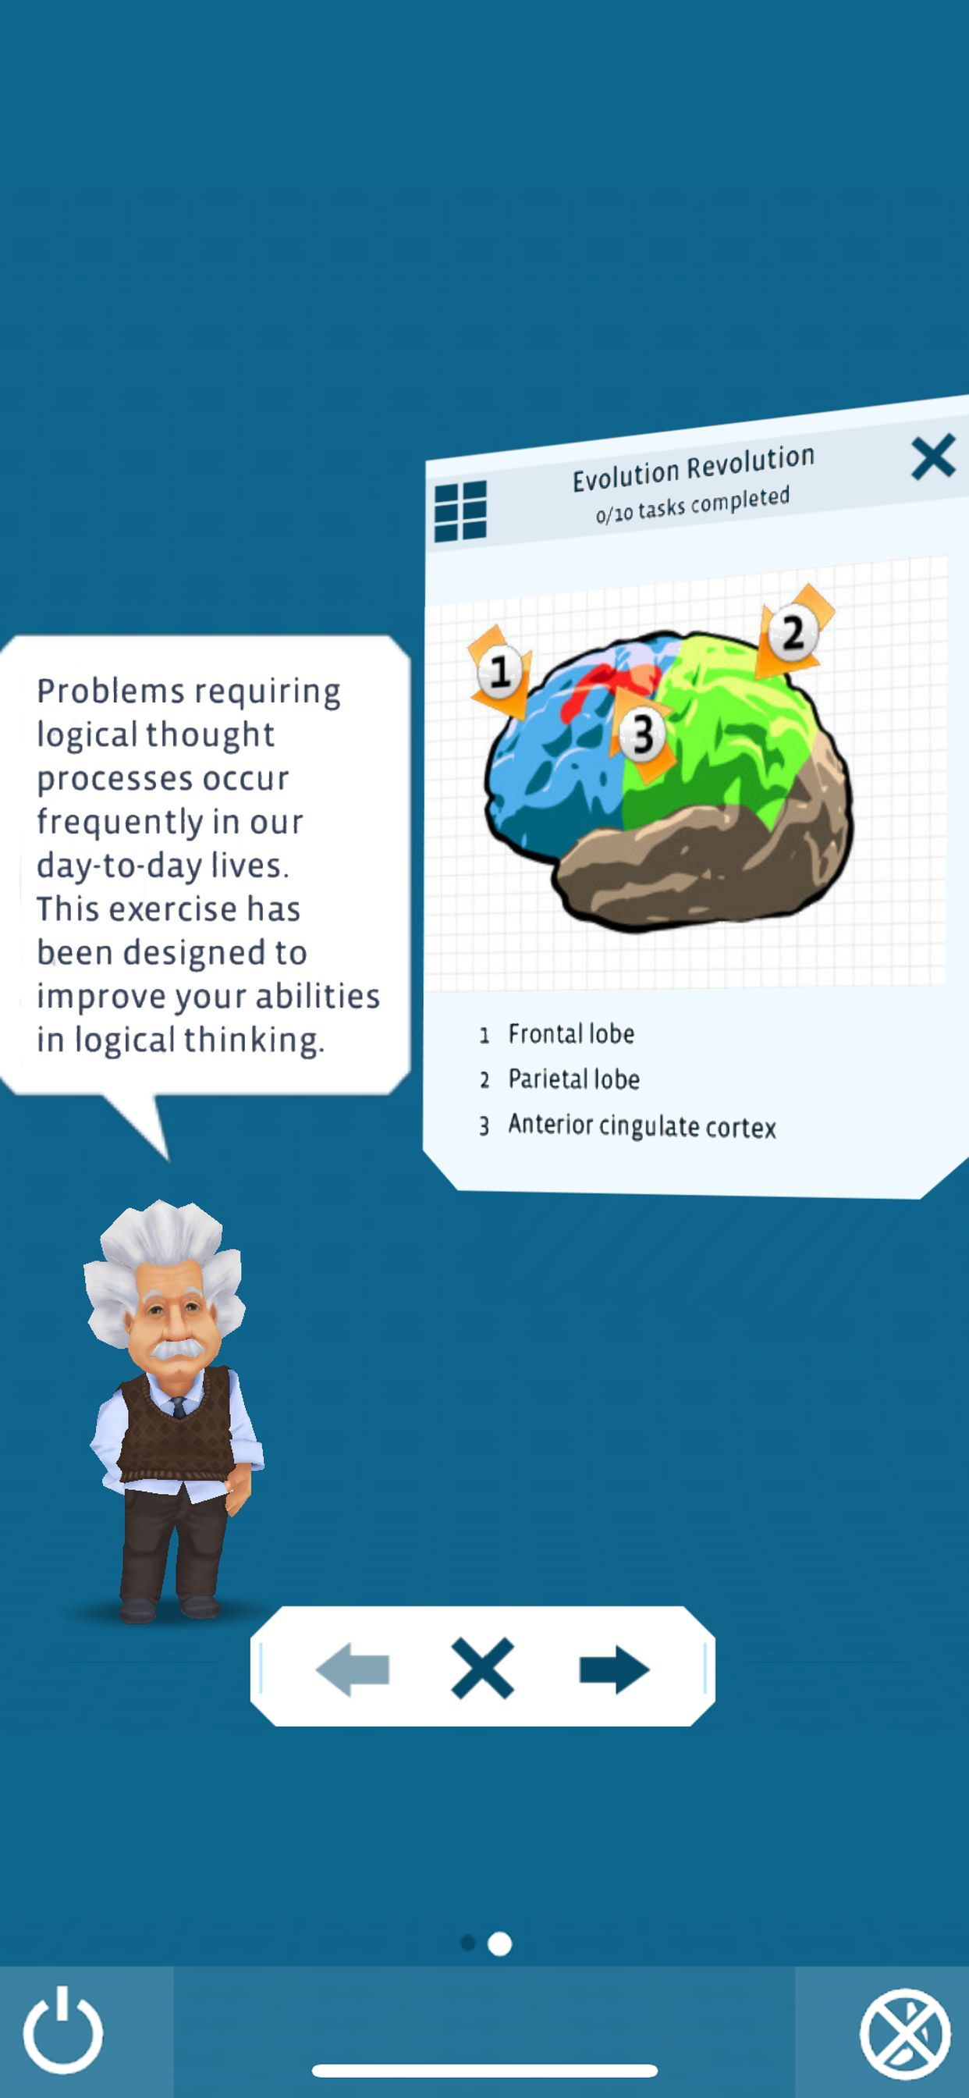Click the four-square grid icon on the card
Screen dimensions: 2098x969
[x=461, y=510]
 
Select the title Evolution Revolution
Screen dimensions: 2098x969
[x=693, y=468]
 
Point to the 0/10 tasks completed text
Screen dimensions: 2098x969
[x=692, y=504]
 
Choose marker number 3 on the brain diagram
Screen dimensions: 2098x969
[x=642, y=734]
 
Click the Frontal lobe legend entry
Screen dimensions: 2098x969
[x=571, y=1033]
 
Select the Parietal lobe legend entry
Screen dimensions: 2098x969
[x=573, y=1079]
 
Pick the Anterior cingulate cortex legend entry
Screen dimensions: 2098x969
[x=641, y=1125]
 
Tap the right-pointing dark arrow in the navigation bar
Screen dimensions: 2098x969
[x=614, y=1669]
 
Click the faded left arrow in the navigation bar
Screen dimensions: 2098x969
[x=353, y=1669]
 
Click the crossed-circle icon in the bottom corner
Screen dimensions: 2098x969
[x=905, y=2034]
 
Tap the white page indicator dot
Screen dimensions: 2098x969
[x=499, y=1944]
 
